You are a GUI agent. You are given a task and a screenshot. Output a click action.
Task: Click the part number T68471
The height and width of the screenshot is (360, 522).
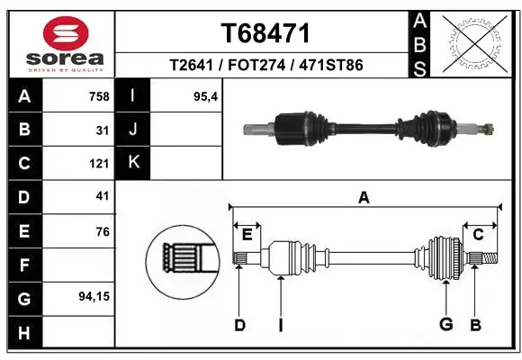[x=265, y=33]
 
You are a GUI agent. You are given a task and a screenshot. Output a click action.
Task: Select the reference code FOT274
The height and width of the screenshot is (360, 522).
[x=265, y=66]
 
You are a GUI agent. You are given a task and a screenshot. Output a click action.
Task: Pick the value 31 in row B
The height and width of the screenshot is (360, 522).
[x=103, y=130]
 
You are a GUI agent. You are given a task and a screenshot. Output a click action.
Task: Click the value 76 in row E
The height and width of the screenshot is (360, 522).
[x=103, y=231]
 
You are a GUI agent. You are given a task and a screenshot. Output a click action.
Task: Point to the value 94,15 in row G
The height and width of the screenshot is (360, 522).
[x=94, y=295]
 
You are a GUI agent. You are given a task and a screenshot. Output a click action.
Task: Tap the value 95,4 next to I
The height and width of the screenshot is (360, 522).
[x=206, y=96]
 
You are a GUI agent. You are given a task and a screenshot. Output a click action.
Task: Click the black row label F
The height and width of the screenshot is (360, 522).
[x=24, y=265]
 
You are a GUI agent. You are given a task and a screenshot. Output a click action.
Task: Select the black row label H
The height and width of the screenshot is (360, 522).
[x=24, y=333]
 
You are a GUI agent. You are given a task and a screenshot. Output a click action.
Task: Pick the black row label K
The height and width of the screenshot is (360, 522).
[x=133, y=163]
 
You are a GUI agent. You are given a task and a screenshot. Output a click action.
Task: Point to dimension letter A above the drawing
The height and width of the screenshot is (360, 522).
[x=364, y=198]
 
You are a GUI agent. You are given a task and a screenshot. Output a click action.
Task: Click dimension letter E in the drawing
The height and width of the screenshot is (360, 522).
[x=247, y=235]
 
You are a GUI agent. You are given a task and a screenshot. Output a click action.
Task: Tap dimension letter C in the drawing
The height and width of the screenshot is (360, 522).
[x=478, y=235]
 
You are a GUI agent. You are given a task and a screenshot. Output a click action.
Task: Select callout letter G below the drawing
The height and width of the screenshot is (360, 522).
[x=445, y=325]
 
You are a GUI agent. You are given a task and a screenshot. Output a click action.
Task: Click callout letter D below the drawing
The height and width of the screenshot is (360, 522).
[x=239, y=325]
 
